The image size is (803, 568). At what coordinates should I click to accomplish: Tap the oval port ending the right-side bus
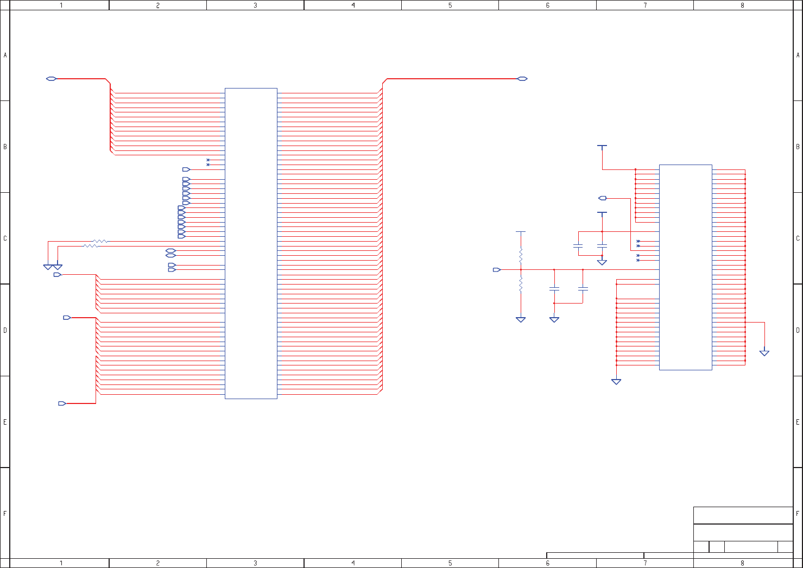tap(522, 79)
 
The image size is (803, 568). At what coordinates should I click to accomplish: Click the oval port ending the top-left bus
tap(51, 79)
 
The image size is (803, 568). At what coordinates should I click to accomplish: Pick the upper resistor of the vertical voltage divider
tap(521, 255)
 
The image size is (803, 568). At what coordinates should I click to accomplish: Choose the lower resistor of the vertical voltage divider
tap(521, 285)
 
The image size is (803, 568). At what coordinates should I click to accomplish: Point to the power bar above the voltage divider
tap(521, 232)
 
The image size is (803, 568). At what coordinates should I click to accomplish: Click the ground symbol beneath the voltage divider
tap(521, 320)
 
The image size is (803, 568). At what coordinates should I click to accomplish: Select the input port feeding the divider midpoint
tap(496, 269)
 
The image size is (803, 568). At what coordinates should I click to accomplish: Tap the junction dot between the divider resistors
tap(521, 269)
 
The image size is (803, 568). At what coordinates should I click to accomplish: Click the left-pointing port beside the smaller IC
tap(603, 198)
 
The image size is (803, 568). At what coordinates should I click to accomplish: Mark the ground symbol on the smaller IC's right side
tap(764, 353)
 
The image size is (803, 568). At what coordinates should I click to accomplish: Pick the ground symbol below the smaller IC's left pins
tap(616, 382)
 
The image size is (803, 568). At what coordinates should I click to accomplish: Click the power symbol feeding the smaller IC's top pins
tap(602, 146)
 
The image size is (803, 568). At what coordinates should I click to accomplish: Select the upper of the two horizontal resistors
tap(100, 241)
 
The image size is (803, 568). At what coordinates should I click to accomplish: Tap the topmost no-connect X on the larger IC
tap(208, 160)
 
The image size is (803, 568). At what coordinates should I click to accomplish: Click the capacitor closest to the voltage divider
tap(554, 288)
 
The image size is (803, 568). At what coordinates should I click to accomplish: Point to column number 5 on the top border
tap(450, 5)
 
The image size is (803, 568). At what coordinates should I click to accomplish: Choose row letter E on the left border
tap(5, 422)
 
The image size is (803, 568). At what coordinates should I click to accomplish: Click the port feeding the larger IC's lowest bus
tap(62, 403)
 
